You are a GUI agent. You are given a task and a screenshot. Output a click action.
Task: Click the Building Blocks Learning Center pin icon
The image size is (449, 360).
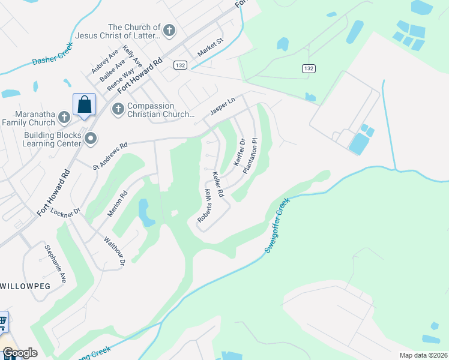[x=91, y=139]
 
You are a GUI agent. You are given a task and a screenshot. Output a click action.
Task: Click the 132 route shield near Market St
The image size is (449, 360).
[x=180, y=65]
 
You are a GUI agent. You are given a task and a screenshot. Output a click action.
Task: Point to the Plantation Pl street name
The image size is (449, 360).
[x=250, y=156]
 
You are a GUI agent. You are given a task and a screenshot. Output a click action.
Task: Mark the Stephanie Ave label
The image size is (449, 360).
[x=54, y=262]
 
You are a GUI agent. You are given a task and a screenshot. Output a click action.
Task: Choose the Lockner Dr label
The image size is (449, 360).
[x=65, y=212]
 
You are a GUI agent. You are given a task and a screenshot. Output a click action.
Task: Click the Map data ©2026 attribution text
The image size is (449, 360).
[x=423, y=355]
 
